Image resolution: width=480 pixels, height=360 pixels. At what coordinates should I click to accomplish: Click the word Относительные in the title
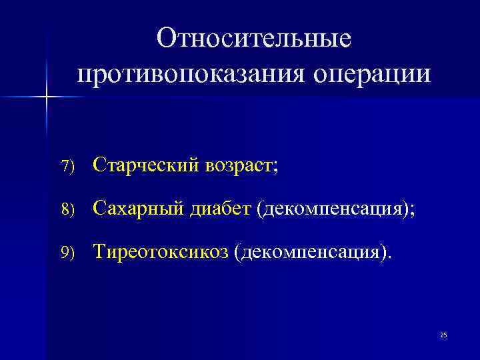(x=253, y=38)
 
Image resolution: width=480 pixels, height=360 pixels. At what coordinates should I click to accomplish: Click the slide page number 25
(x=443, y=335)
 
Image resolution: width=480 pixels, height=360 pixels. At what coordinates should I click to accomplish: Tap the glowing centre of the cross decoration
(x=47, y=97)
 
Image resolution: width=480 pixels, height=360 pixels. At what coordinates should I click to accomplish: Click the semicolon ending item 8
(x=411, y=211)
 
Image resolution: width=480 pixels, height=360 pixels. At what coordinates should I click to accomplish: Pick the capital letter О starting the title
(x=165, y=38)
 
